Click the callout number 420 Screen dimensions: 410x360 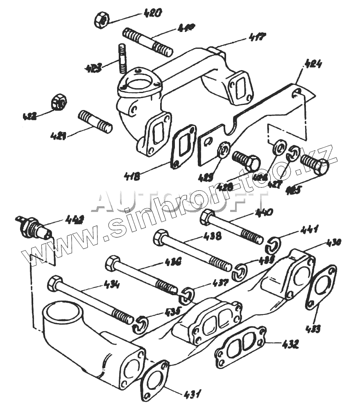point(152,13)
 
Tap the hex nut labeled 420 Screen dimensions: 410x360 point(101,20)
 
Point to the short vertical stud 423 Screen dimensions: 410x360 point(122,57)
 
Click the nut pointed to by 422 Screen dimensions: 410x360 point(59,102)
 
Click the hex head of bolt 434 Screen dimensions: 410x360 point(54,283)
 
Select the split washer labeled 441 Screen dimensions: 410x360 point(272,246)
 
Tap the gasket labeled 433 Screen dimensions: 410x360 point(321,287)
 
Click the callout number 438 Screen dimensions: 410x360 point(212,236)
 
